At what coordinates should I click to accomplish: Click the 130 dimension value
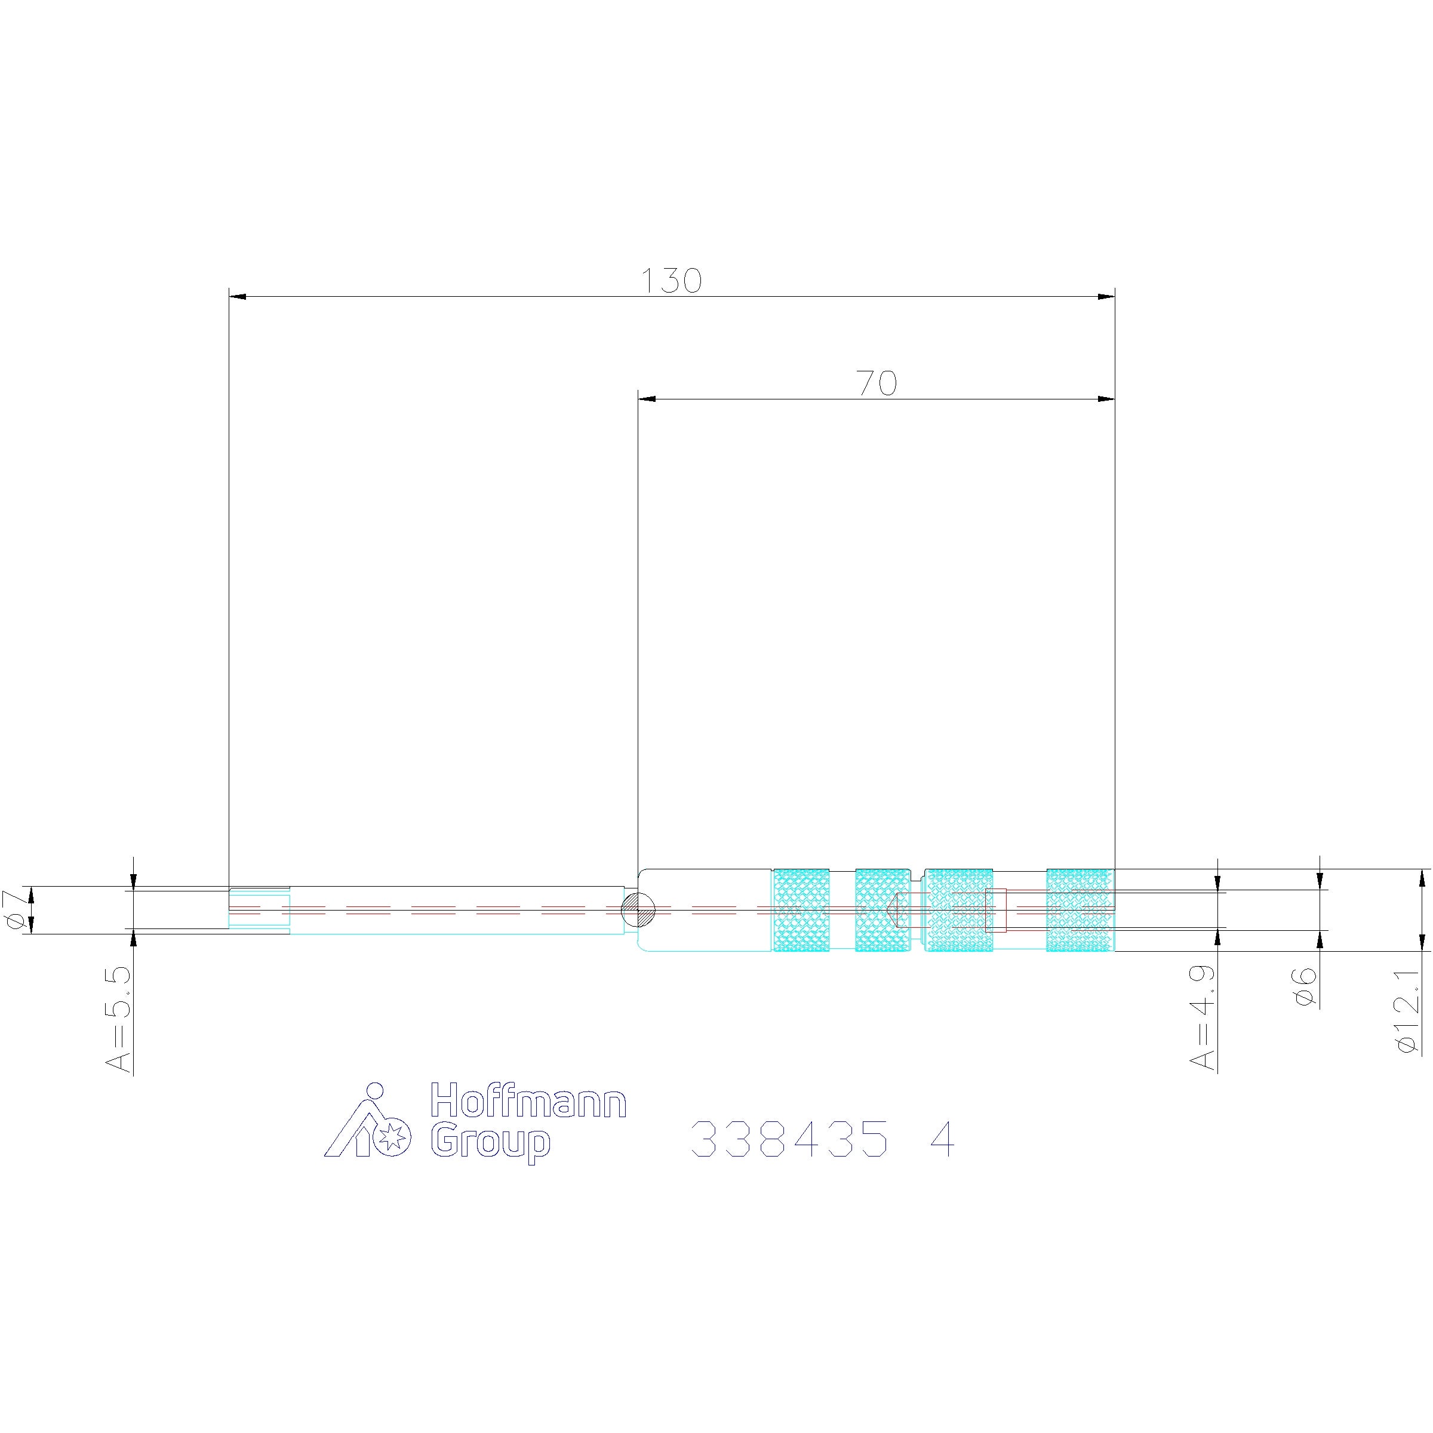[x=671, y=281]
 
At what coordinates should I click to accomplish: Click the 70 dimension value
[x=877, y=383]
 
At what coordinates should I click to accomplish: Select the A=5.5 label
[x=119, y=1019]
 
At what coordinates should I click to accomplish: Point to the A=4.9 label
[x=1204, y=1017]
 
